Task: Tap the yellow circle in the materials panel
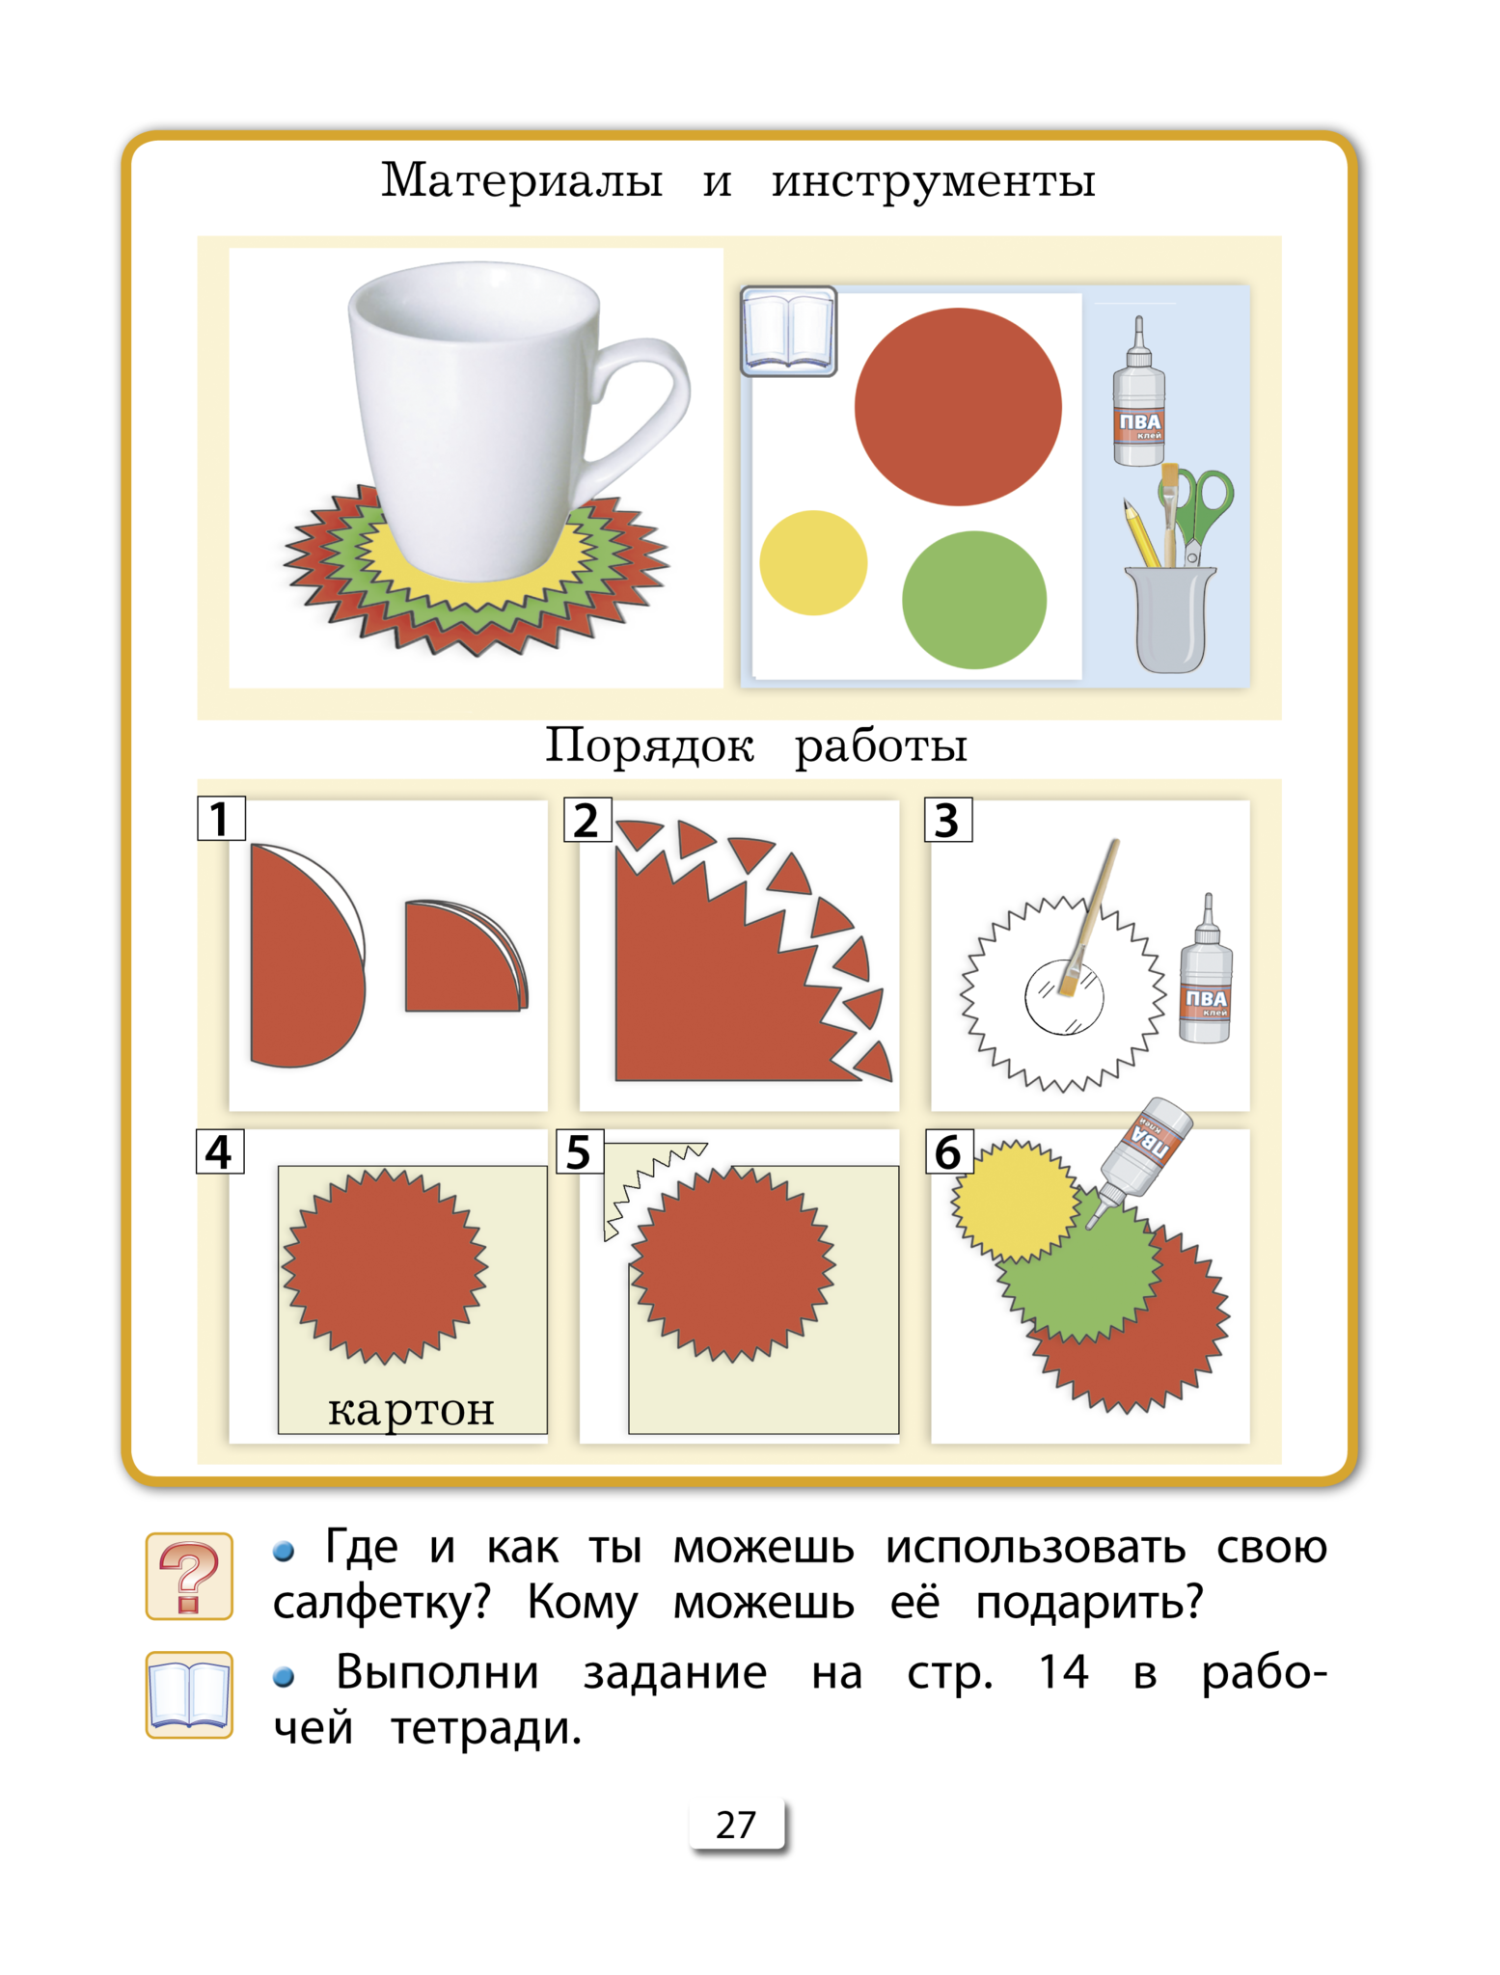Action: [x=813, y=563]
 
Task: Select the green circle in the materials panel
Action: [x=974, y=600]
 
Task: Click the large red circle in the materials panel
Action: [x=958, y=407]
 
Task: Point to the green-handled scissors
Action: [x=1201, y=511]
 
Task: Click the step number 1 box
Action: [x=221, y=819]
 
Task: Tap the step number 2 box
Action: [x=587, y=820]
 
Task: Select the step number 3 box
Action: [x=947, y=820]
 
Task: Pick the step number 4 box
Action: [x=220, y=1151]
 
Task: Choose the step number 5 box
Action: [x=580, y=1151]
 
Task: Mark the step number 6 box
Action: [x=948, y=1151]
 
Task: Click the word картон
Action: [x=411, y=1411]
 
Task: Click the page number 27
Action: [x=736, y=1825]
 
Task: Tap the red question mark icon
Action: [x=189, y=1577]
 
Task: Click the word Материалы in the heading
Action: [x=522, y=180]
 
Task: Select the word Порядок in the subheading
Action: [x=649, y=745]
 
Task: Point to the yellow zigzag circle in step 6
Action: [x=1015, y=1201]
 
